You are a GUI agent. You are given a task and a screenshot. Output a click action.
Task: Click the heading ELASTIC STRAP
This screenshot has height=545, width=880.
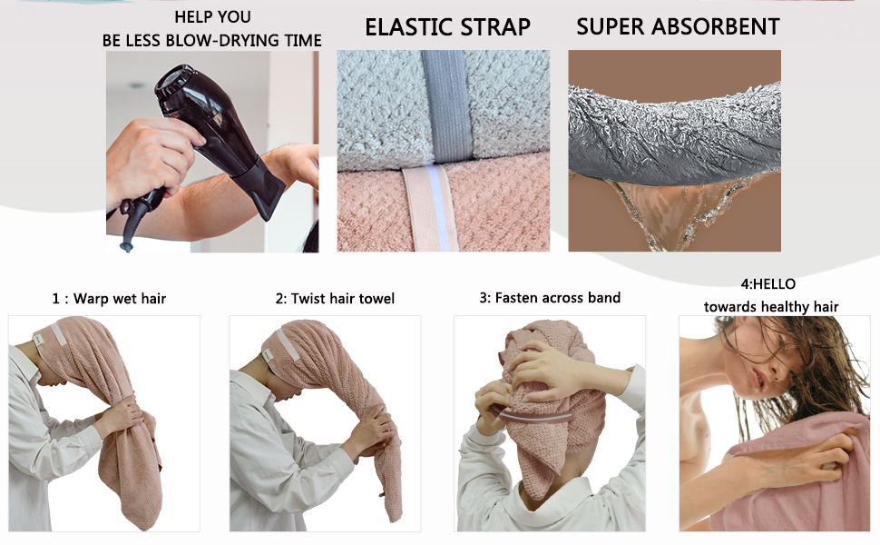pos(447,27)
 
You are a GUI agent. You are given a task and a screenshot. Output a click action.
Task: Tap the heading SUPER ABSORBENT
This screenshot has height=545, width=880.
pos(678,27)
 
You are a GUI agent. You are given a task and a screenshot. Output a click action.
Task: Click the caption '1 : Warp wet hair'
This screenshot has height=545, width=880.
pos(109,298)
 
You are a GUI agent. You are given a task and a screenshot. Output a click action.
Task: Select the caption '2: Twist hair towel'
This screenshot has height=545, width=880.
pos(335,298)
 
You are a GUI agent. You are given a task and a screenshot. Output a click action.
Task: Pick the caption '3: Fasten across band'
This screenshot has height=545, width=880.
pos(550,297)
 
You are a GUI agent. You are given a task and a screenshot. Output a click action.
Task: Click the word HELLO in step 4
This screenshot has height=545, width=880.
pos(774,284)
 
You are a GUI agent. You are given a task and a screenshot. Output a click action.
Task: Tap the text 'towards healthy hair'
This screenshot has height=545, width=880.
pos(771,307)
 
